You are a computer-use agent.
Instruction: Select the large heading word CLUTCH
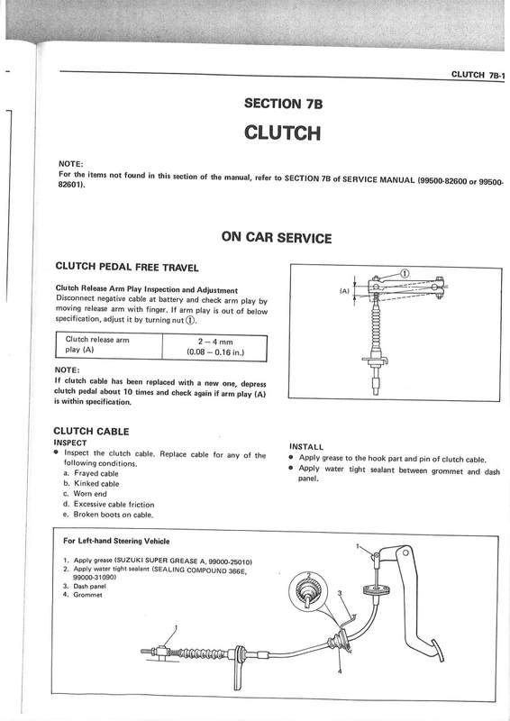(x=282, y=132)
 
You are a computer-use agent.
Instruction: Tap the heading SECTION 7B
(x=283, y=103)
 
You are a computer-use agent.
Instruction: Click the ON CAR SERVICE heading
(x=277, y=237)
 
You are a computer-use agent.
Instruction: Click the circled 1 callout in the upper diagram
(x=405, y=274)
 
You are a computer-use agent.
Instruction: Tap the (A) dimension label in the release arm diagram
(x=344, y=291)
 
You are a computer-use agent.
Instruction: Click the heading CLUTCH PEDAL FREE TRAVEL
(x=127, y=267)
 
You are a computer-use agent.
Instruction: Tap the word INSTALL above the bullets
(x=306, y=446)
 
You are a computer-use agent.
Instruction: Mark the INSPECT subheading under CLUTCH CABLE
(x=70, y=443)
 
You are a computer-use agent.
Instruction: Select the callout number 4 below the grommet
(x=340, y=671)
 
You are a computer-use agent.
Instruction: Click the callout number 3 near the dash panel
(x=341, y=593)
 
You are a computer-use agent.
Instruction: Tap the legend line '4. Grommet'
(x=83, y=595)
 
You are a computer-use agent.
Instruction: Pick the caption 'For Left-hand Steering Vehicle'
(x=116, y=541)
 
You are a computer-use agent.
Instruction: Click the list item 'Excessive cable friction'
(x=109, y=505)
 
